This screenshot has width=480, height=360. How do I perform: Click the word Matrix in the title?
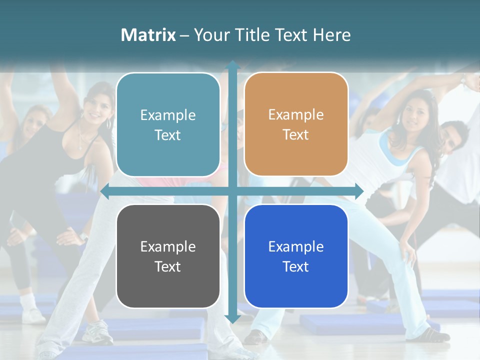coord(148,35)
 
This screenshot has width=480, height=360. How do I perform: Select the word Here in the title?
coord(331,35)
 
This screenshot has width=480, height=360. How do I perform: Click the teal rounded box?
coord(168,124)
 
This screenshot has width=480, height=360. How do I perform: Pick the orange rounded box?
coord(296,124)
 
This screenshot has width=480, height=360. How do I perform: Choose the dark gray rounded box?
coord(168,256)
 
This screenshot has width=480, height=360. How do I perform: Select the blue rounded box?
coord(296,256)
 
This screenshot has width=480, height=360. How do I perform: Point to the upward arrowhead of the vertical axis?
coord(232,65)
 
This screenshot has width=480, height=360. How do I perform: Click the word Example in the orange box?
coord(296,114)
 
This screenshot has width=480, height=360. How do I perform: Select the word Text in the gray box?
coord(168,266)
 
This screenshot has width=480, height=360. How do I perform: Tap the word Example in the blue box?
coord(296,246)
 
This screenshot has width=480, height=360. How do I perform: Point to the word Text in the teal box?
coord(168,135)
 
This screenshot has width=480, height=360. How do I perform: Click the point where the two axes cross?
coord(232,191)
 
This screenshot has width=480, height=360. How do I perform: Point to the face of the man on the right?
coord(453,137)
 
